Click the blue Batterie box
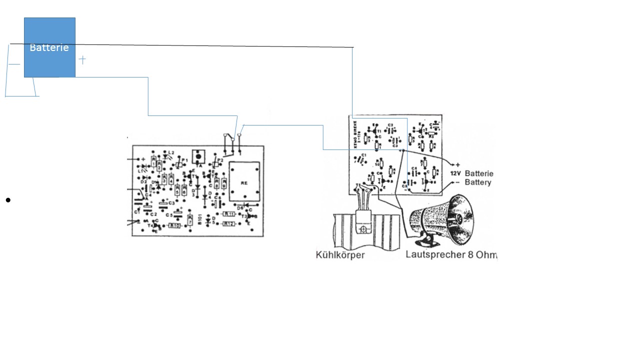point(49,47)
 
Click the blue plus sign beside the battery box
point(82,59)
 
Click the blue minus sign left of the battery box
point(14,64)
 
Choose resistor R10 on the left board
point(174,225)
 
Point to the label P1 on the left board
point(184,160)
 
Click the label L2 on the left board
point(171,152)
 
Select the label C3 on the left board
point(171,202)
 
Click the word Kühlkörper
point(340,255)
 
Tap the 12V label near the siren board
point(455,173)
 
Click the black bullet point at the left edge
point(8,200)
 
